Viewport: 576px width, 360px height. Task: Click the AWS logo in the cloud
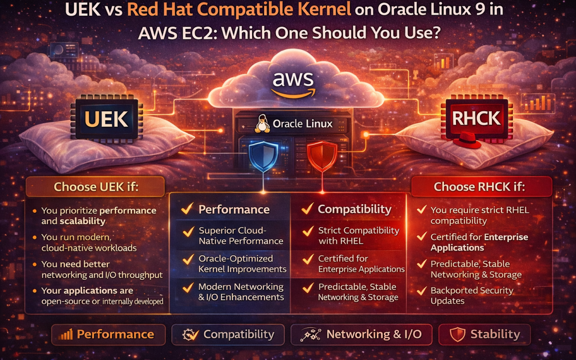click(293, 84)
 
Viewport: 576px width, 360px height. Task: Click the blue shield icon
click(263, 156)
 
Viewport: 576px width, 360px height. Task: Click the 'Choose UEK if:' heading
click(96, 186)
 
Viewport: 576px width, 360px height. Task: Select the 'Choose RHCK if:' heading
click(479, 187)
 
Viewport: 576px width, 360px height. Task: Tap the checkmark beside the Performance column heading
click(187, 209)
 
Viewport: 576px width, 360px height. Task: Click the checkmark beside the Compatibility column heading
click(307, 209)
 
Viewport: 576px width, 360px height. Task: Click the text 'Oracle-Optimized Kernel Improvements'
click(242, 264)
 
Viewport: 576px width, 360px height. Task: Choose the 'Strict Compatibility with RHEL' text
click(358, 236)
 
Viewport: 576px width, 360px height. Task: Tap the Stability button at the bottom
click(484, 334)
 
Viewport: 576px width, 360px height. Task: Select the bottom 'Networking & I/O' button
click(361, 334)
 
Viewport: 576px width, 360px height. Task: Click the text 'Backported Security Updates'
click(472, 296)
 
